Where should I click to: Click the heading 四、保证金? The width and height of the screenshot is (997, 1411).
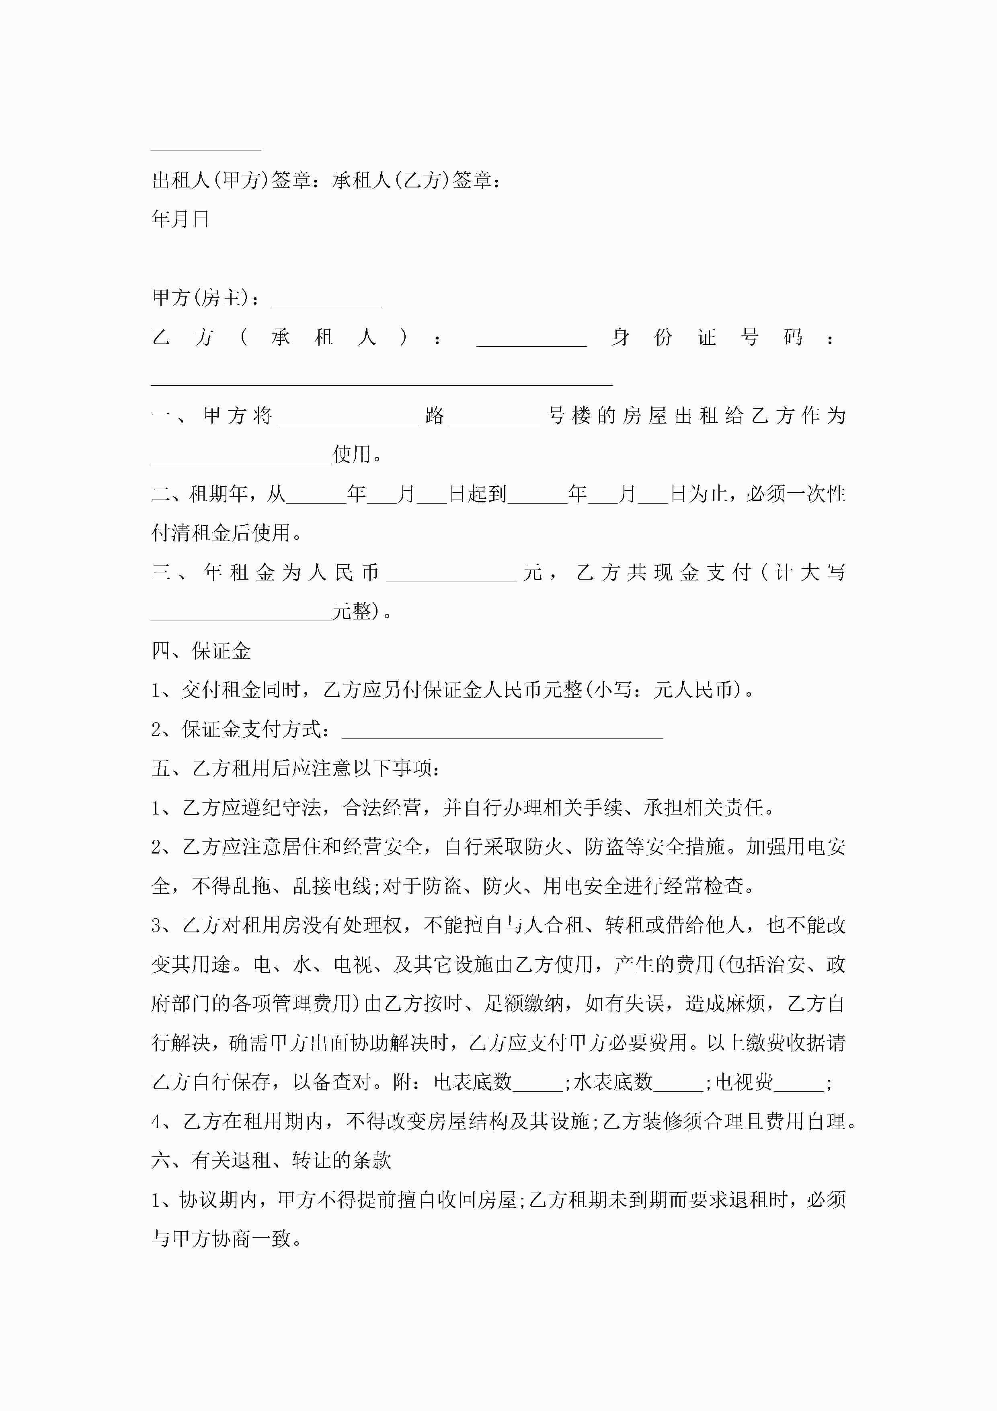point(201,651)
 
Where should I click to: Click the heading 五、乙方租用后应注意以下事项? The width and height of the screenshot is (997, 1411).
point(295,769)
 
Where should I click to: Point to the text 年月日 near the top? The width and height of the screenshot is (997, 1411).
point(181,219)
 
